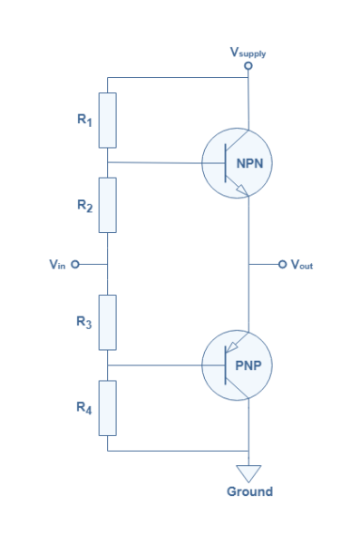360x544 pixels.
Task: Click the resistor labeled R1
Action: click(107, 119)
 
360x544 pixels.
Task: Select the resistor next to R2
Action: click(107, 205)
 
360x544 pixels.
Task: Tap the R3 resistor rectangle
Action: click(107, 322)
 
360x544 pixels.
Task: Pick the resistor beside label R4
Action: click(107, 408)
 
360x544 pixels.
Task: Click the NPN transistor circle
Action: click(236, 163)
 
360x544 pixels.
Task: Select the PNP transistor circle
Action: click(236, 365)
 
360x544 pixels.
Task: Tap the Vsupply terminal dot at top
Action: click(248, 65)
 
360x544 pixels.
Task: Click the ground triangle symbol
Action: click(248, 473)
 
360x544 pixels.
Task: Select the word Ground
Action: click(248, 491)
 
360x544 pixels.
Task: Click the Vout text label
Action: click(302, 265)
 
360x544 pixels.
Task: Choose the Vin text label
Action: click(56, 265)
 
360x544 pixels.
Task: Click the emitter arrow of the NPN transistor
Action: click(239, 189)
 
